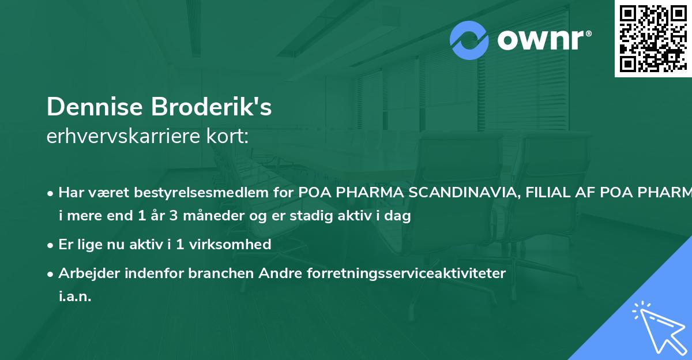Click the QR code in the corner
pos(653,38)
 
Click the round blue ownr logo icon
pos(469,40)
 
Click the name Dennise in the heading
pos(95,107)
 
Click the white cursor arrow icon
pos(659,327)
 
